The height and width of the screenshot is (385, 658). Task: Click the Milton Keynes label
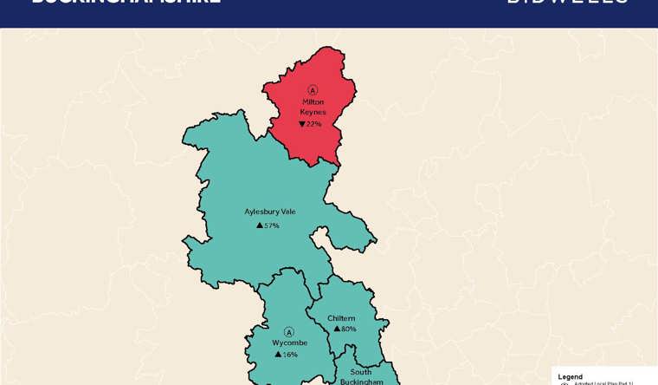click(x=313, y=107)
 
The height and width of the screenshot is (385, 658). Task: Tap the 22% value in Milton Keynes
click(x=314, y=124)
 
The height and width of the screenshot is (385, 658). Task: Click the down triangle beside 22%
click(x=302, y=124)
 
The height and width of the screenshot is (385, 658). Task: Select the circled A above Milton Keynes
click(x=313, y=90)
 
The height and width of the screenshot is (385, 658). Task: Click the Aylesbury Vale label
click(x=270, y=211)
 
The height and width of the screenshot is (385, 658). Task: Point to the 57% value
click(x=272, y=225)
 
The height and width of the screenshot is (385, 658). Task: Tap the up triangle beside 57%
click(x=260, y=225)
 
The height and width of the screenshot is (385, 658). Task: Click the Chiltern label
click(x=341, y=318)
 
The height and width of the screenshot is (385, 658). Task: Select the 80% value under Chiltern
click(x=348, y=330)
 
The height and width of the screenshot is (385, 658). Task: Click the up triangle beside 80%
click(x=337, y=330)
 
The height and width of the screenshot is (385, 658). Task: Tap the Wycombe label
click(x=290, y=343)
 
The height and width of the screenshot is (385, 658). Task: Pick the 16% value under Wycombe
click(x=290, y=355)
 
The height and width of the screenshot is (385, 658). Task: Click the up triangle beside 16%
click(x=278, y=355)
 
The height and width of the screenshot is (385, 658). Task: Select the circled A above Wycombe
click(x=289, y=331)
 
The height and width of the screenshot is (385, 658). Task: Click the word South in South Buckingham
click(x=361, y=372)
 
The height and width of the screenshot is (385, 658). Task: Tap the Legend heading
click(x=571, y=376)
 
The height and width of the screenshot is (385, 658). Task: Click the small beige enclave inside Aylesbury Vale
click(x=321, y=238)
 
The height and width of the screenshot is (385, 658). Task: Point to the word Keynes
click(x=313, y=112)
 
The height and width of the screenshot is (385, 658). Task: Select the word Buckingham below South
click(x=362, y=381)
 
